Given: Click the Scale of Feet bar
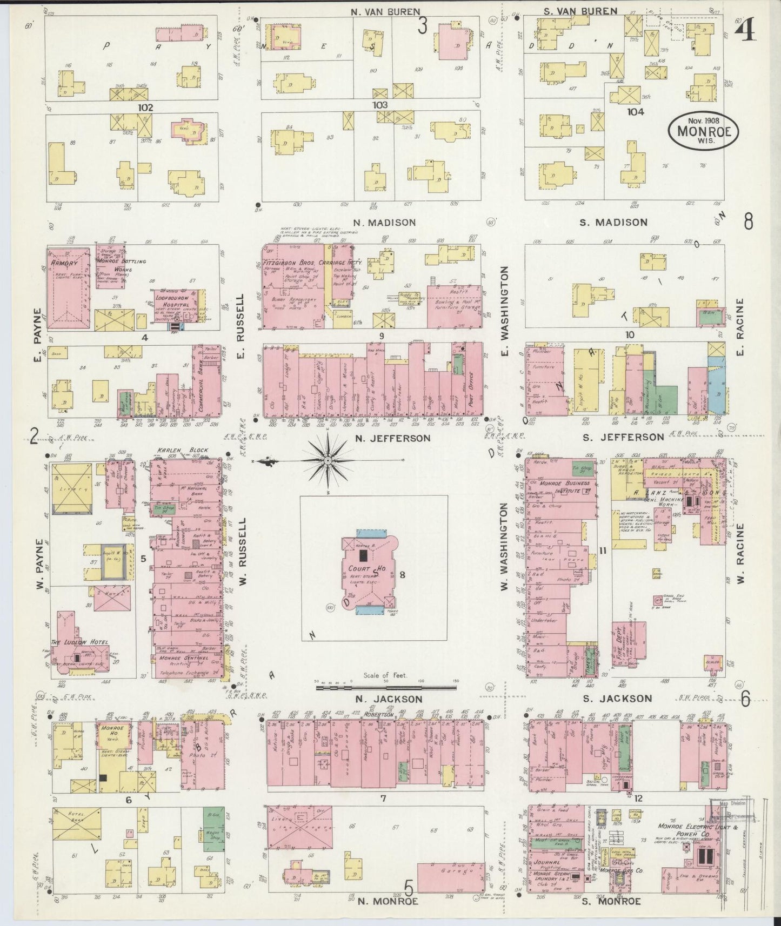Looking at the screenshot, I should coord(387,687).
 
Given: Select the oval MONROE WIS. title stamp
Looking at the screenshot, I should coord(703,131).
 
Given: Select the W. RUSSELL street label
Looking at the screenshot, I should coord(242,553).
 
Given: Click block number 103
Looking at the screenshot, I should coord(380,105).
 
